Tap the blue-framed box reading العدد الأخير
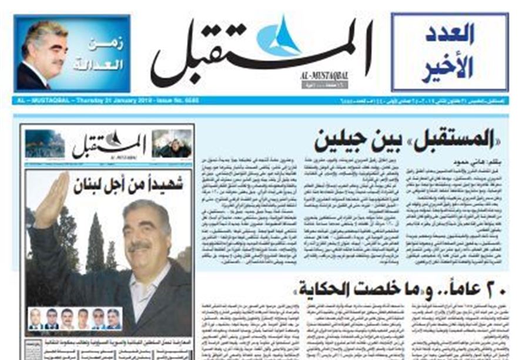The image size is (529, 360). coord(449,52)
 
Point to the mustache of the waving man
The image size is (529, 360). coord(139,245)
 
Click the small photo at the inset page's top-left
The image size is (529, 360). coord(44,143)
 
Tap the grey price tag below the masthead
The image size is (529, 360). coord(324,85)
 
